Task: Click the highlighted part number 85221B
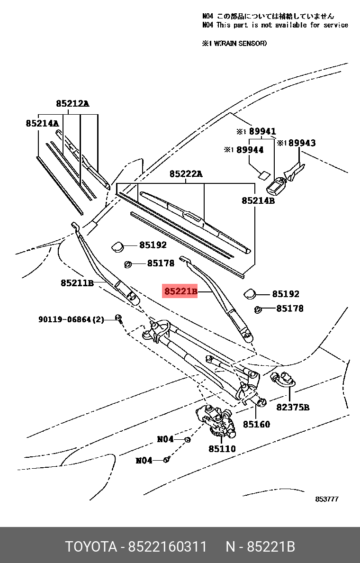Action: coord(180,291)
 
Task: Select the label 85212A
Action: coord(72,103)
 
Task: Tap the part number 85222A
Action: coord(186,174)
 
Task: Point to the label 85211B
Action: coord(77,283)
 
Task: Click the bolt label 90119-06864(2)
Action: coord(71,319)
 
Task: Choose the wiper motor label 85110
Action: coord(222,448)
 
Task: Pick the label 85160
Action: coord(256,424)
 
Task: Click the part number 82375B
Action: coord(293,407)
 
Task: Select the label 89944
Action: coord(250,150)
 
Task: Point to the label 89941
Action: coord(262,131)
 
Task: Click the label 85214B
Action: coord(258,200)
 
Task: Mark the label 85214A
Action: coord(42,123)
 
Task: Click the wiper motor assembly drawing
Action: coord(217,421)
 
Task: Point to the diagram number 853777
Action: coord(327,499)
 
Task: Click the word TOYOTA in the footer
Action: coord(91,547)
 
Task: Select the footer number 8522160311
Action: coord(167,547)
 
